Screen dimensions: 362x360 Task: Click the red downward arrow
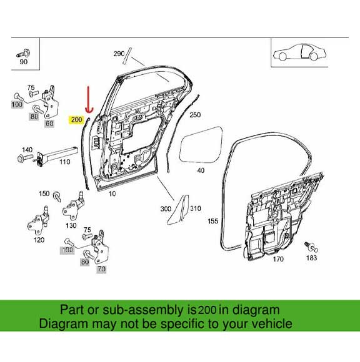(x=88, y=99)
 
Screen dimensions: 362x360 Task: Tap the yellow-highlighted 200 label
(x=77, y=119)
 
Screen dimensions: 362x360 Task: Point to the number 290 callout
(x=119, y=54)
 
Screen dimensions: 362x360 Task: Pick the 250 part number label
(x=195, y=115)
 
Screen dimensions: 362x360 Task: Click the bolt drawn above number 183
(x=309, y=245)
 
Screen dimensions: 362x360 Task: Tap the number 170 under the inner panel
(x=277, y=259)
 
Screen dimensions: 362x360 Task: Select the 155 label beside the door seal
(x=212, y=221)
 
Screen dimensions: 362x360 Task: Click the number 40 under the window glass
(x=200, y=170)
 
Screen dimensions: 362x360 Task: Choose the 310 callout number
(x=195, y=208)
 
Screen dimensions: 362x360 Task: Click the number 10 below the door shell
(x=112, y=194)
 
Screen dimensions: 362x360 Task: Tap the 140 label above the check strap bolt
(x=27, y=150)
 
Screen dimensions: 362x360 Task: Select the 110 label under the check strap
(x=64, y=162)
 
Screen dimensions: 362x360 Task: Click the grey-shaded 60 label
(x=49, y=124)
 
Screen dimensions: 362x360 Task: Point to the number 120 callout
(x=39, y=240)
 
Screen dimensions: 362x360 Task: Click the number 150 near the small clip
(x=44, y=194)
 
